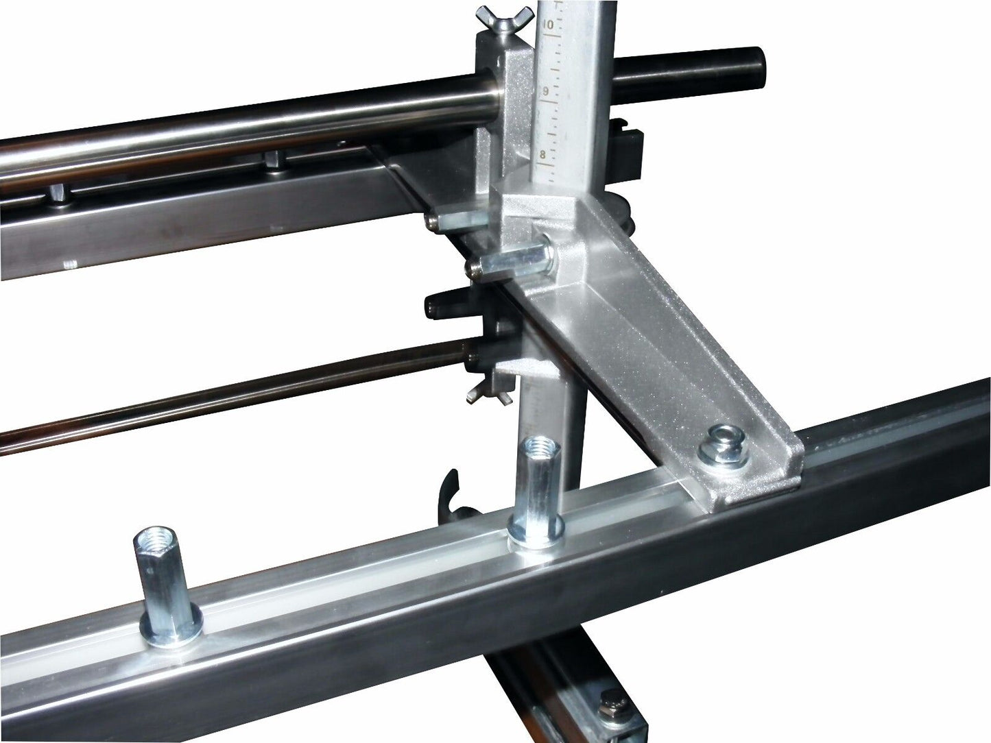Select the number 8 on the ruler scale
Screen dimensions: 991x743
pyautogui.click(x=542, y=155)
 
